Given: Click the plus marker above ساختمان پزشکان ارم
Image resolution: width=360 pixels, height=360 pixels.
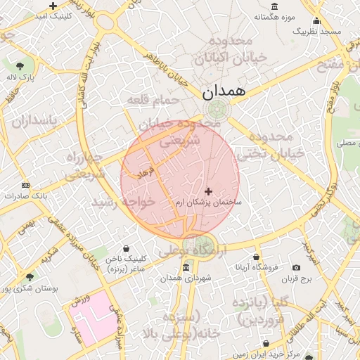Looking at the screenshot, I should (x=208, y=191).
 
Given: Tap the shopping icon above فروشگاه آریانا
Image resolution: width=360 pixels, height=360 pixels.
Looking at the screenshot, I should (x=256, y=257).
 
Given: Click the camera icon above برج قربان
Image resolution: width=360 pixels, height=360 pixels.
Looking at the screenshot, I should (x=295, y=268).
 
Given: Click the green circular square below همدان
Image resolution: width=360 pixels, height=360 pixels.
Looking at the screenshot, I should (x=218, y=109).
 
